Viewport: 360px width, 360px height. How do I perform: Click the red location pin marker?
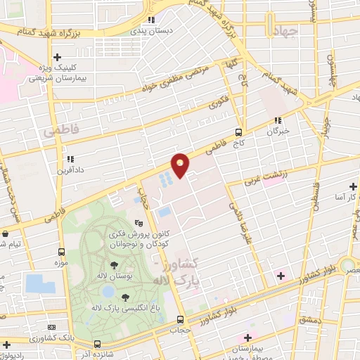[x=181, y=165]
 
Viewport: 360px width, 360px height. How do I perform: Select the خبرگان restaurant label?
[x=278, y=131]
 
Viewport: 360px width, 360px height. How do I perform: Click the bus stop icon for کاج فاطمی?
[x=239, y=131]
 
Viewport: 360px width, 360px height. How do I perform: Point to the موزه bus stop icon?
[x=63, y=251]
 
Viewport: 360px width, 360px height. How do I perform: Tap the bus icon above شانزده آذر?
[x=98, y=344]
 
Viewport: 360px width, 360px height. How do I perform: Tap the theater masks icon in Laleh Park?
[x=128, y=223]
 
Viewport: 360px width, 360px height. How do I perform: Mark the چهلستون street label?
[x=333, y=70]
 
